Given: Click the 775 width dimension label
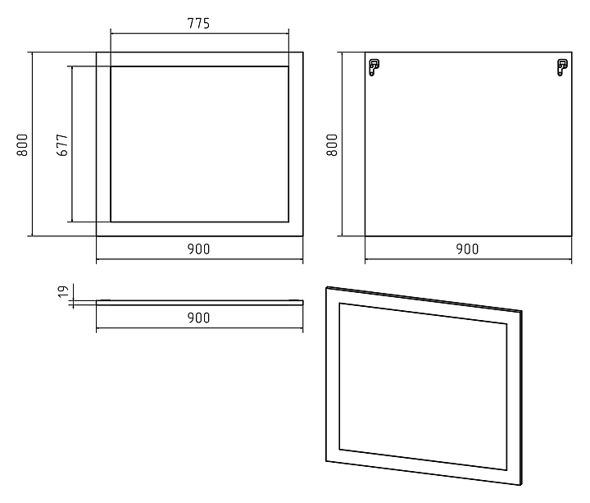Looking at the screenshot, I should point(198,23).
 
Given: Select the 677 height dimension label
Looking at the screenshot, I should point(61,144).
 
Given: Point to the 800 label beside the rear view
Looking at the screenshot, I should point(332,144).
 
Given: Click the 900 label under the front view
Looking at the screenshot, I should point(198,249).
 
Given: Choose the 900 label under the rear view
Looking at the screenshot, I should point(467,249).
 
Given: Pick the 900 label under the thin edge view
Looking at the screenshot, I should point(198,318).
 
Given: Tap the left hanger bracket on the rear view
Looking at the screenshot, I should point(374,66).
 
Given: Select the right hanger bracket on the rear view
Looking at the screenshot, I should point(561,66).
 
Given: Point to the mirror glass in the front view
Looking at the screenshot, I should point(199,144).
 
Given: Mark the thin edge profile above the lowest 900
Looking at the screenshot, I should point(199,301).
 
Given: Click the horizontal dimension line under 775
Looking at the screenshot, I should point(199,34).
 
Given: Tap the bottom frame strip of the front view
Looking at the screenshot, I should point(199,229).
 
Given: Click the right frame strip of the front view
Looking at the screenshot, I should point(295,144).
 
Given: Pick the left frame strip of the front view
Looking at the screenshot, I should point(103,144).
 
